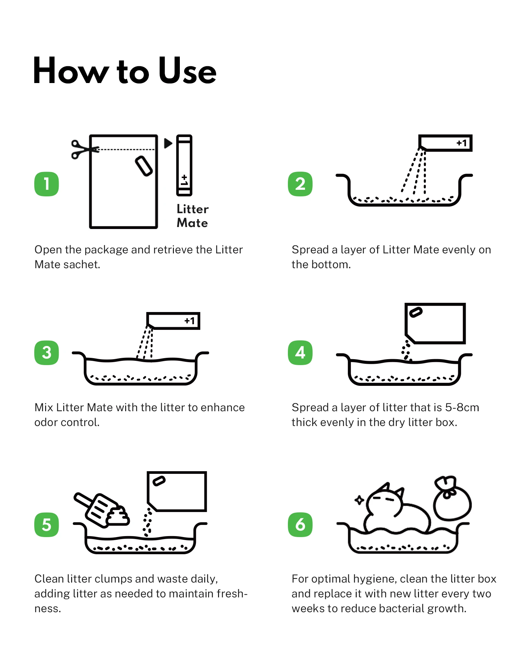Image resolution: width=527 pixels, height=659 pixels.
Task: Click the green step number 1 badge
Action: tap(46, 184)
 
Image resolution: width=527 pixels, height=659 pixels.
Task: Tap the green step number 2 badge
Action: tap(300, 184)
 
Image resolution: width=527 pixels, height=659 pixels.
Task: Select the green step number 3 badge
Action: tap(46, 353)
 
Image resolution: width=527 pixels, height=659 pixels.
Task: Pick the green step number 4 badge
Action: tap(300, 353)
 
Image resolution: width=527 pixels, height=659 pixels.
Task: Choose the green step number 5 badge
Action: tap(46, 525)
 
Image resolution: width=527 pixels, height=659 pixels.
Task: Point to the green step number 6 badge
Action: tap(300, 525)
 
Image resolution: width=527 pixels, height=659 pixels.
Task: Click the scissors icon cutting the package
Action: tap(84, 150)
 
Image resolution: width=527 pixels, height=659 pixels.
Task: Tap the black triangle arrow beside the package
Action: tap(168, 143)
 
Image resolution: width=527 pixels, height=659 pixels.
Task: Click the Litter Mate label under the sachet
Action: tap(193, 216)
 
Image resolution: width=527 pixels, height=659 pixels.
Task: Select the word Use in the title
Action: tap(187, 71)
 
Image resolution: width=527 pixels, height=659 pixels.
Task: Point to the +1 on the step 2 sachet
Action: tap(462, 143)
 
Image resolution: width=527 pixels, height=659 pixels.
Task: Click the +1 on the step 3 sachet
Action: tap(190, 321)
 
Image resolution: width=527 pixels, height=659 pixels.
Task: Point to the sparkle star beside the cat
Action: tap(359, 500)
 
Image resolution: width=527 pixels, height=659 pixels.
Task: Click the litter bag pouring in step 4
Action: tap(435, 323)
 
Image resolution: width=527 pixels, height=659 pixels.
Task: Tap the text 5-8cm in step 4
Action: tap(462, 408)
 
